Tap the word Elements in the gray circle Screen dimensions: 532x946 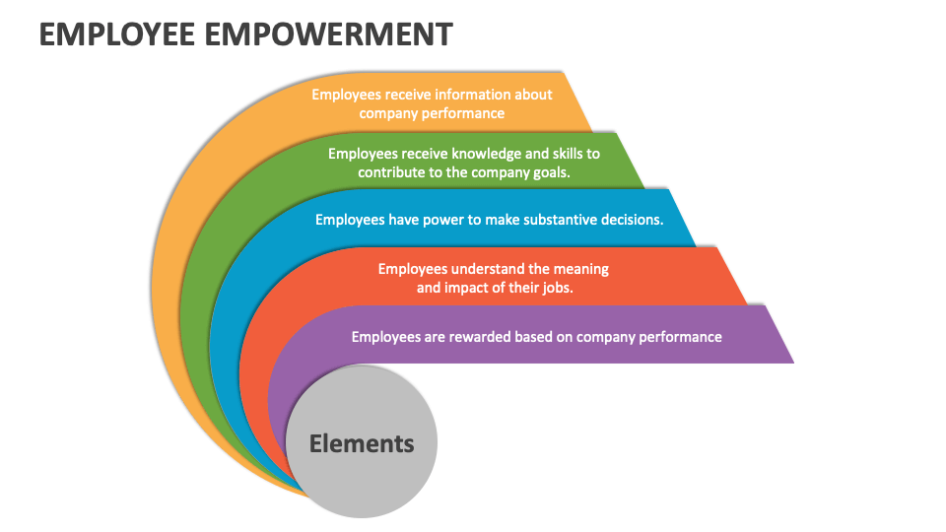point(362,443)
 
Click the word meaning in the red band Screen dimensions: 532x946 point(579,268)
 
